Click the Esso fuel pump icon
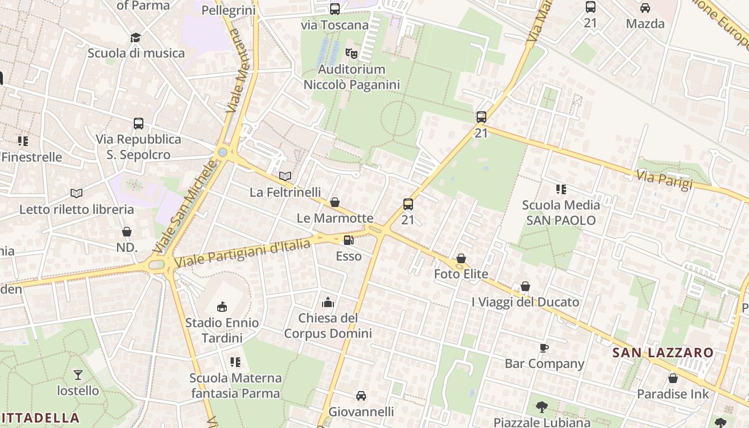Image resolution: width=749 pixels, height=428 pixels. point(348,241)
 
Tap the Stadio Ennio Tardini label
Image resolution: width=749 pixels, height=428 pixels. point(221,330)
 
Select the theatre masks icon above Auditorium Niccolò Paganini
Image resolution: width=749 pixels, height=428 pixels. point(351,53)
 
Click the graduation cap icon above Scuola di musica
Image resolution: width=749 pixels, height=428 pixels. point(135,37)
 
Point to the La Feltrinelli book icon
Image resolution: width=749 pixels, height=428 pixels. point(286,176)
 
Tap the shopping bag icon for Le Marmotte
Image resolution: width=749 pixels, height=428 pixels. point(335,202)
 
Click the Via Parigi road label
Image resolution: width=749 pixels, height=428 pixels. point(664,179)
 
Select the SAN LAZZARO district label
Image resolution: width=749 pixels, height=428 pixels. point(663,353)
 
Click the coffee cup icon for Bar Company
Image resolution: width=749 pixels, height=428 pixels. point(544,348)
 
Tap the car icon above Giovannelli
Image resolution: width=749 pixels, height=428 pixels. point(361,396)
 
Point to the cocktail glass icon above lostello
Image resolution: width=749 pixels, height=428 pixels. point(78,374)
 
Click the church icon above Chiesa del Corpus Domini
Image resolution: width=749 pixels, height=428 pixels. point(328,303)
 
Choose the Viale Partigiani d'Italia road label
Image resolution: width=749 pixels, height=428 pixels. point(242,254)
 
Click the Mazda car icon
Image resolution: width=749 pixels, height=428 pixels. point(645,8)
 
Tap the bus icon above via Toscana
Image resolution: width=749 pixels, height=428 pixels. point(335,9)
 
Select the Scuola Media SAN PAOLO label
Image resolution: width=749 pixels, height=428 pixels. point(561,212)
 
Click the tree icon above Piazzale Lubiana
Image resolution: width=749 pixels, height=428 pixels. point(541,407)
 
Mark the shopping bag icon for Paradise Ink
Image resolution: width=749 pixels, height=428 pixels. point(673,378)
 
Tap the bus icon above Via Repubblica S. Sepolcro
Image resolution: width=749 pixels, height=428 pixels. point(139,124)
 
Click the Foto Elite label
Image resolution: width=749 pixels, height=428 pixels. point(461,274)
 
